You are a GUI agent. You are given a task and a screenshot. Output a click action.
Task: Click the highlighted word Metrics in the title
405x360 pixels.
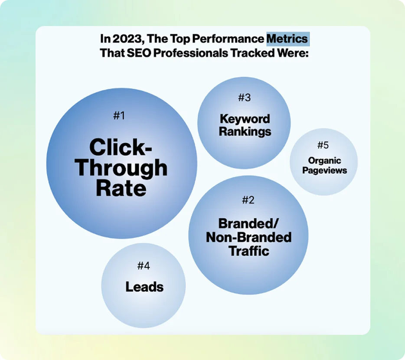[287, 39]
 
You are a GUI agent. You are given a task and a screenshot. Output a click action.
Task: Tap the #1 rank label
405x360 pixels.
[119, 116]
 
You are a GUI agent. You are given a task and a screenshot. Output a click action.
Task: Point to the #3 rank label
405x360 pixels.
[245, 98]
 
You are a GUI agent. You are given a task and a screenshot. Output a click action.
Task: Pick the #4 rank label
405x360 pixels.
[144, 265]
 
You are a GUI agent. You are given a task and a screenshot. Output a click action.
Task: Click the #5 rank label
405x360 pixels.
[323, 145]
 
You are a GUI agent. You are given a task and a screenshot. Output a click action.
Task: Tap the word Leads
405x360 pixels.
[144, 287]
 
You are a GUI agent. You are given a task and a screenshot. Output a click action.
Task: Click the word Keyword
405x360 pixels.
[245, 119]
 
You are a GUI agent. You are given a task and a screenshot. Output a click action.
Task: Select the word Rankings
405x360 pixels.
[245, 131]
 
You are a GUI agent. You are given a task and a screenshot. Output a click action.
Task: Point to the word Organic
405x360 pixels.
[324, 161]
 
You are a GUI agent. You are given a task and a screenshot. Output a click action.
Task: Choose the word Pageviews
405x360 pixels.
[324, 170]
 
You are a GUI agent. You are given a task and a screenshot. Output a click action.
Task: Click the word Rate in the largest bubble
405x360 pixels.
[121, 189]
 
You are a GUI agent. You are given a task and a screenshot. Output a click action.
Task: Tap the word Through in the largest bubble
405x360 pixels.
[123, 168]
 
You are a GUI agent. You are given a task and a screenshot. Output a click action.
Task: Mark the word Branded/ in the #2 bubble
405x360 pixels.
[248, 224]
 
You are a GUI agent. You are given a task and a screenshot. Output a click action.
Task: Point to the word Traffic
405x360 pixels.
[248, 251]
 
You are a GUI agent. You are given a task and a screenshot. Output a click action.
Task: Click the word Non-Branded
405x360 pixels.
[248, 237]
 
